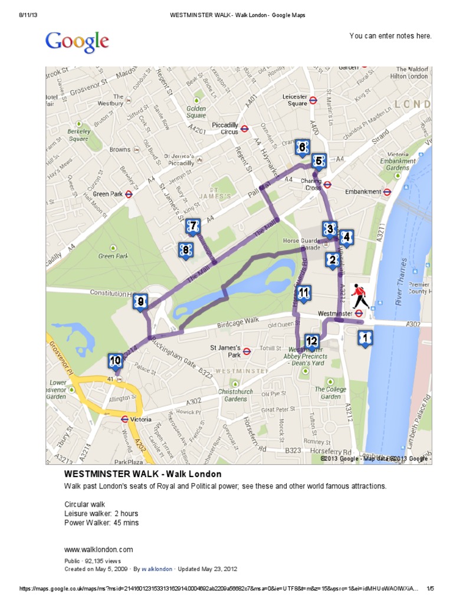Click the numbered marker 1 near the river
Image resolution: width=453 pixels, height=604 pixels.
tap(365, 338)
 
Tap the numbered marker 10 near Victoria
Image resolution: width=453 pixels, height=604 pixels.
tap(116, 360)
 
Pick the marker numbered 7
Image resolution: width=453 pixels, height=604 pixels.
tap(192, 226)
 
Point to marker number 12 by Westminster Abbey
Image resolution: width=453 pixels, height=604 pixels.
tap(312, 341)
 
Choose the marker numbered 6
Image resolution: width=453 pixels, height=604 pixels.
tap(302, 147)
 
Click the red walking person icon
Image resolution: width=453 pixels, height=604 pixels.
tap(359, 296)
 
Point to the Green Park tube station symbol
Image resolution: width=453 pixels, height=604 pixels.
tap(129, 193)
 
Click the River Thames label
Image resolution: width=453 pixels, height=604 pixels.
tap(402, 278)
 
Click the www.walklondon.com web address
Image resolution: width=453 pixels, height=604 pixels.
tap(99, 549)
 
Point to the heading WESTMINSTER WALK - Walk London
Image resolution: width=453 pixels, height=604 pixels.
tap(143, 474)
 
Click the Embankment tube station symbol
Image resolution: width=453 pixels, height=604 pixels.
tap(387, 191)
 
